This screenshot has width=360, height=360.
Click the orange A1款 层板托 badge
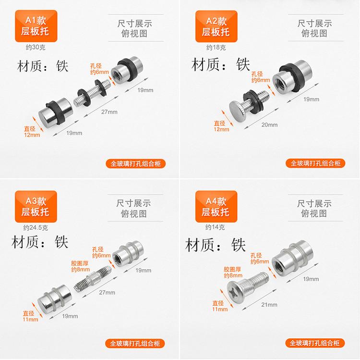pos(36,26)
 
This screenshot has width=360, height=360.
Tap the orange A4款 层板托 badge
pos(216,207)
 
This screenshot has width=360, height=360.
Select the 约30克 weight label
pos(36,48)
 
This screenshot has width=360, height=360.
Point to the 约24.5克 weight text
pos(36,228)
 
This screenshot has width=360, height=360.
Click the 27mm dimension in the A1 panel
pos(109,112)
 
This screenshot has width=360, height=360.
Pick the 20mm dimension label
pos(269,125)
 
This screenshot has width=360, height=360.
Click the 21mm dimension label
pos(269,305)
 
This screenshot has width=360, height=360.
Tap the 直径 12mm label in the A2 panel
pos(221,126)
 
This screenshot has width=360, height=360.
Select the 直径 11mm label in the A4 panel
pos(220,306)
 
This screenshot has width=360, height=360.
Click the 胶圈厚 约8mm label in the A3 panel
pos(80,266)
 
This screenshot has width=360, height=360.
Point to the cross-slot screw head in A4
pos(235,292)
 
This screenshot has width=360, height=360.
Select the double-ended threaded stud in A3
pos(93,278)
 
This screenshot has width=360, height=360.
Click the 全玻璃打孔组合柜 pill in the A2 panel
pos(315,163)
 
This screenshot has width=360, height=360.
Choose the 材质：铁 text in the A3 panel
pos(40,242)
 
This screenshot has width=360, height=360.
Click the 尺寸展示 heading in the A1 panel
pos(135,24)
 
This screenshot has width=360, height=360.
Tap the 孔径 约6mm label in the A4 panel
pos(259,259)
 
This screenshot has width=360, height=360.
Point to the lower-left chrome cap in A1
pos(56,112)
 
